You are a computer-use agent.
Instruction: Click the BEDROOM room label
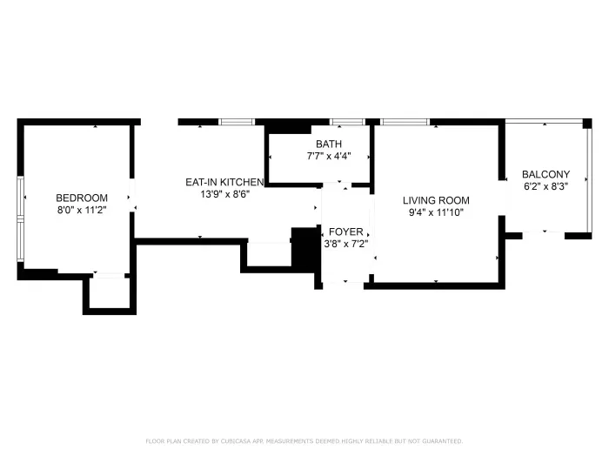[82, 198]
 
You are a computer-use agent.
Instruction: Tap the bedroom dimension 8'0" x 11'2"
[82, 210]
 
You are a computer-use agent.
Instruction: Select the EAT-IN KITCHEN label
[224, 182]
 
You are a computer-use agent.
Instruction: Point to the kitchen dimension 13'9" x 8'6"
[224, 194]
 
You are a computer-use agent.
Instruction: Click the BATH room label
[329, 144]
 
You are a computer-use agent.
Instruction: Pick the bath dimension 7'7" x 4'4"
[329, 157]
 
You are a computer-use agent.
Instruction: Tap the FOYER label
[346, 232]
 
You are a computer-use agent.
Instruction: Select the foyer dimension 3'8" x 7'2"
[346, 244]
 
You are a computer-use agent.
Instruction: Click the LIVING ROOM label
[436, 199]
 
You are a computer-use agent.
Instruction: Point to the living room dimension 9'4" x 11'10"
[436, 212]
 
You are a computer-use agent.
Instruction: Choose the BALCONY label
[545, 174]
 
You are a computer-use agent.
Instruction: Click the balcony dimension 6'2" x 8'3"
[545, 186]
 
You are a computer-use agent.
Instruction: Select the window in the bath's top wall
[347, 122]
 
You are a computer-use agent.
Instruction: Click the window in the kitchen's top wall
[236, 122]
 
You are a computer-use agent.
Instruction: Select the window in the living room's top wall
[405, 122]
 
